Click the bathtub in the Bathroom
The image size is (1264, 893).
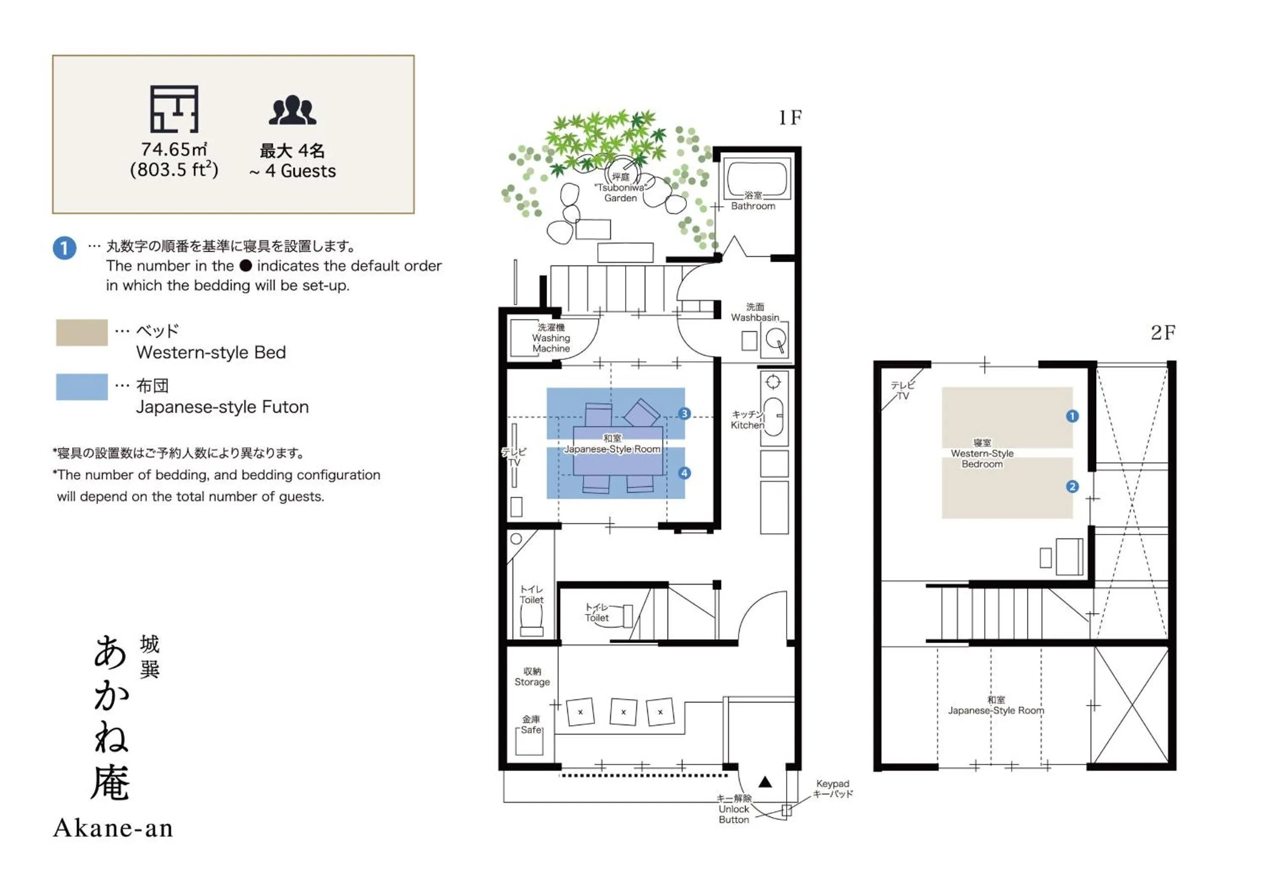(x=757, y=178)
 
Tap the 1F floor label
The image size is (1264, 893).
(x=790, y=117)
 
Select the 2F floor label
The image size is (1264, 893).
(x=1163, y=333)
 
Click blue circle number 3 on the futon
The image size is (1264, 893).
(x=684, y=414)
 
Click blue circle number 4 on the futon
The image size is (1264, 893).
(x=684, y=473)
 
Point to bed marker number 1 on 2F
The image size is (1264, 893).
(x=1072, y=416)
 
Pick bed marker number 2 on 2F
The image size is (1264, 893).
(x=1072, y=487)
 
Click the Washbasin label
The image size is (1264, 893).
(x=755, y=312)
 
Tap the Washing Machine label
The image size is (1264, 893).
(x=551, y=338)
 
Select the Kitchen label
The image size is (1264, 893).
(x=747, y=420)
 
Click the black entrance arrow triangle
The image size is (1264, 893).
(x=765, y=782)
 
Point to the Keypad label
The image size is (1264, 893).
(x=832, y=788)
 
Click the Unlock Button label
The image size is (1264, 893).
(x=734, y=809)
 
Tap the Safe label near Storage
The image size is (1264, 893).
(x=531, y=725)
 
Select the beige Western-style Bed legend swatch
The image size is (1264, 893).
(x=81, y=333)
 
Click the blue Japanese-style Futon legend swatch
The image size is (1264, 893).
(x=81, y=387)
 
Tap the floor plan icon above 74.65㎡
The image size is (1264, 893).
(x=174, y=109)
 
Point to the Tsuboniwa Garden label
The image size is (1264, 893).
(x=621, y=188)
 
